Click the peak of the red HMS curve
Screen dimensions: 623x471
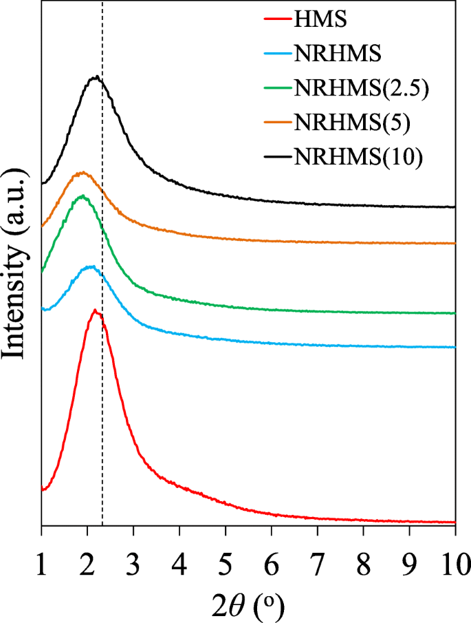(95, 310)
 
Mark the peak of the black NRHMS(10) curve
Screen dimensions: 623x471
(97, 76)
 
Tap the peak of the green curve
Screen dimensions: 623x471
(83, 196)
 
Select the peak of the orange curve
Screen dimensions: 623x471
(83, 172)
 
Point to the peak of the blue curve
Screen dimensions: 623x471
(90, 266)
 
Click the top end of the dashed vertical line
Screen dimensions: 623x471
(102, 4)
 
